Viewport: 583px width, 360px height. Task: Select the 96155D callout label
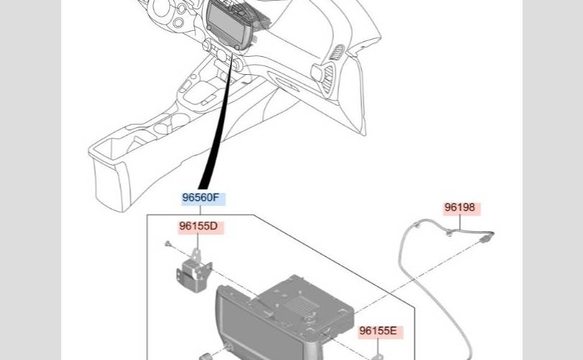point(198,226)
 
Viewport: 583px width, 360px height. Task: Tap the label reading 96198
point(460,208)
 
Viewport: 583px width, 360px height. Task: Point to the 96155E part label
point(378,331)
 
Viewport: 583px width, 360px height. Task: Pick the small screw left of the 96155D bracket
point(168,245)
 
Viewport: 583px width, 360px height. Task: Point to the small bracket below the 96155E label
point(376,354)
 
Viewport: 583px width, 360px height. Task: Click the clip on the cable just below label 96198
point(450,232)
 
